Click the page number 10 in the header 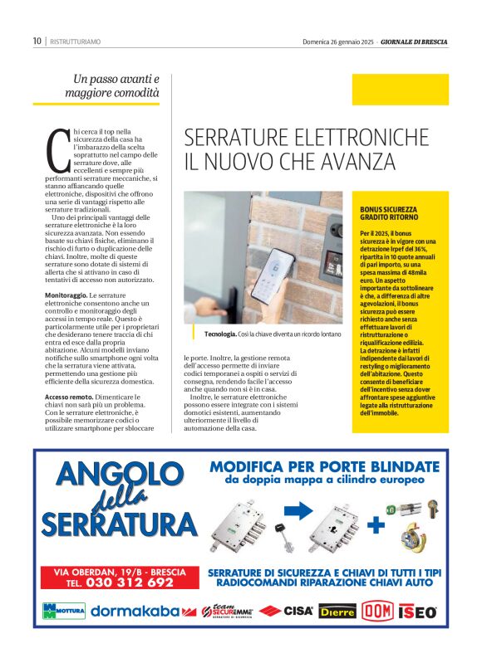pyautogui.click(x=37, y=40)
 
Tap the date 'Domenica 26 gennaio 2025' pyautogui.click(x=337, y=41)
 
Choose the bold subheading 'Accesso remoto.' pyautogui.click(x=69, y=397)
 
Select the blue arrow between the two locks pyautogui.click(x=291, y=514)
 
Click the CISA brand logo pyautogui.click(x=287, y=612)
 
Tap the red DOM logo pyautogui.click(x=377, y=612)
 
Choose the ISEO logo pyautogui.click(x=418, y=612)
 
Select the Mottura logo pyautogui.click(x=62, y=612)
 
